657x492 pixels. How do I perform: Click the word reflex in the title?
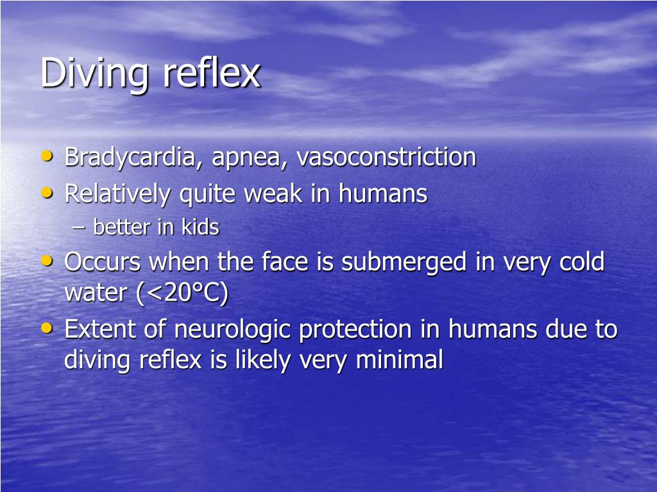pyautogui.click(x=211, y=73)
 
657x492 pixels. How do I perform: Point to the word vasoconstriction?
pyautogui.click(x=386, y=157)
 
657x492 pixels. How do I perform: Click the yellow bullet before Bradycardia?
pyautogui.click(x=47, y=156)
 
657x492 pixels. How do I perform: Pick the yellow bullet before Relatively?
pyautogui.click(x=47, y=192)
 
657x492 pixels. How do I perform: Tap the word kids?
pyautogui.click(x=200, y=227)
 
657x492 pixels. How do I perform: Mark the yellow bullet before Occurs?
pyautogui.click(x=47, y=260)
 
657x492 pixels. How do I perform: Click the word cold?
pyautogui.click(x=580, y=261)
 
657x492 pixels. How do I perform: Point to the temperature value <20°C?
pyautogui.click(x=182, y=293)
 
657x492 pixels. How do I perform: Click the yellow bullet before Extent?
pyautogui.click(x=47, y=327)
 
